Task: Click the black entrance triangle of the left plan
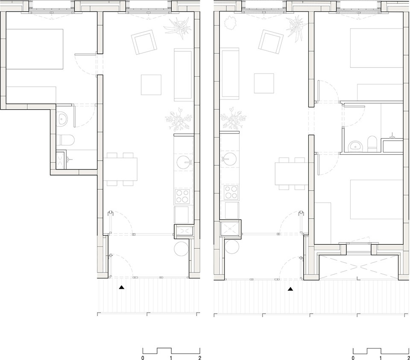coord(122,287)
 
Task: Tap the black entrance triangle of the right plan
coord(290,289)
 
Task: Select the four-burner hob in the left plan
coord(182,196)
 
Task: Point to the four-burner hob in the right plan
coord(231,192)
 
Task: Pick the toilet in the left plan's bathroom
coord(65,140)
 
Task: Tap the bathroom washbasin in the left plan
coord(62,120)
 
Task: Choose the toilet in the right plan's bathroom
coord(372,144)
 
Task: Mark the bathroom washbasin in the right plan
coord(355,146)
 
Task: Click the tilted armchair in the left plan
coord(144,42)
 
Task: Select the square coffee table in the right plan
coord(264,83)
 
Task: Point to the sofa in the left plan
coord(183,75)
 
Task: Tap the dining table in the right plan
coord(292,174)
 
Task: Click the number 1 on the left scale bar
coord(171,357)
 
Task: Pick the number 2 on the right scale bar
coord(408,357)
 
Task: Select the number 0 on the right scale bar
coord(353,357)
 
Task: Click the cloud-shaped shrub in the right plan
coord(230,23)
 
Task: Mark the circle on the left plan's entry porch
coord(182,249)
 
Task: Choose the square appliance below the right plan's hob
coord(231,210)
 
